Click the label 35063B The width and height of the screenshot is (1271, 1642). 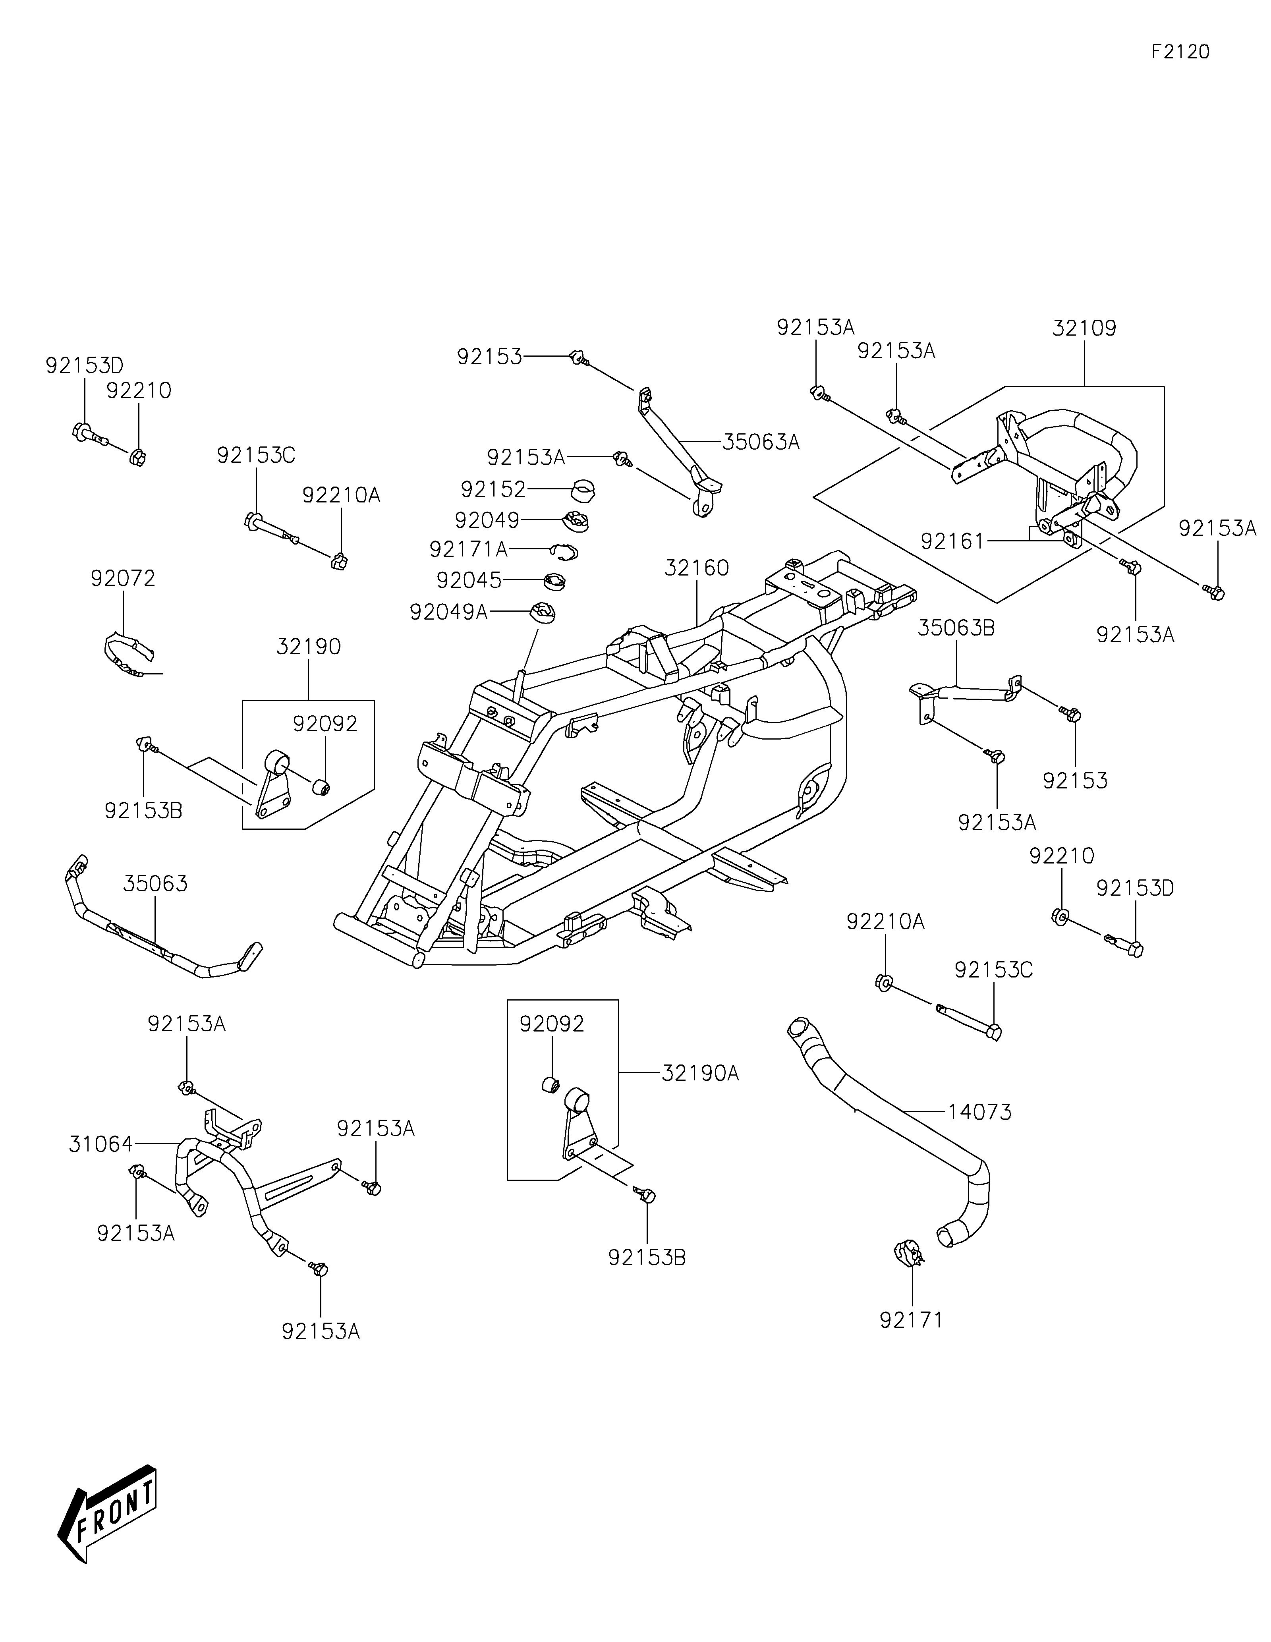pyautogui.click(x=956, y=628)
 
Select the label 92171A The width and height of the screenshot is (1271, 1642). pyautogui.click(x=468, y=550)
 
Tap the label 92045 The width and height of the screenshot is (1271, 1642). pyautogui.click(x=469, y=580)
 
